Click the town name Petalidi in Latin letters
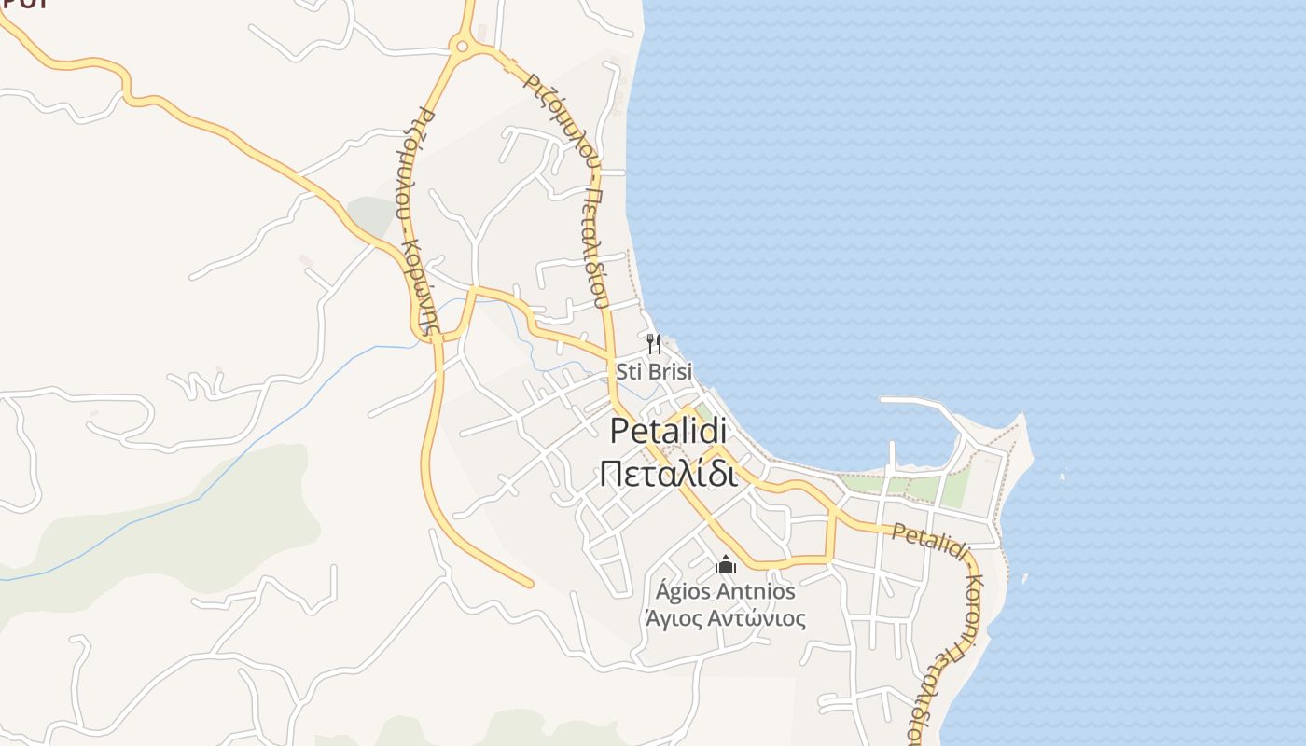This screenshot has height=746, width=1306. [668, 432]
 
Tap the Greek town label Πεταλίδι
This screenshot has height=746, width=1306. [668, 473]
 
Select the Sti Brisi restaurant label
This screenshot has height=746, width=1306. [654, 372]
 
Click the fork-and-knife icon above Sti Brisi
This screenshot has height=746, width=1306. [654, 344]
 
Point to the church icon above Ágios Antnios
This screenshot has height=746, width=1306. [725, 564]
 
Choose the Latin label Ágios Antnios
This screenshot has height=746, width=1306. [725, 591]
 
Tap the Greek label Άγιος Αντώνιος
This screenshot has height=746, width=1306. [725, 618]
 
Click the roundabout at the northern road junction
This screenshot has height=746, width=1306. [459, 44]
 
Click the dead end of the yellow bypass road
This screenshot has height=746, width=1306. [530, 584]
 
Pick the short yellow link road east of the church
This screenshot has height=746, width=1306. [829, 536]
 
